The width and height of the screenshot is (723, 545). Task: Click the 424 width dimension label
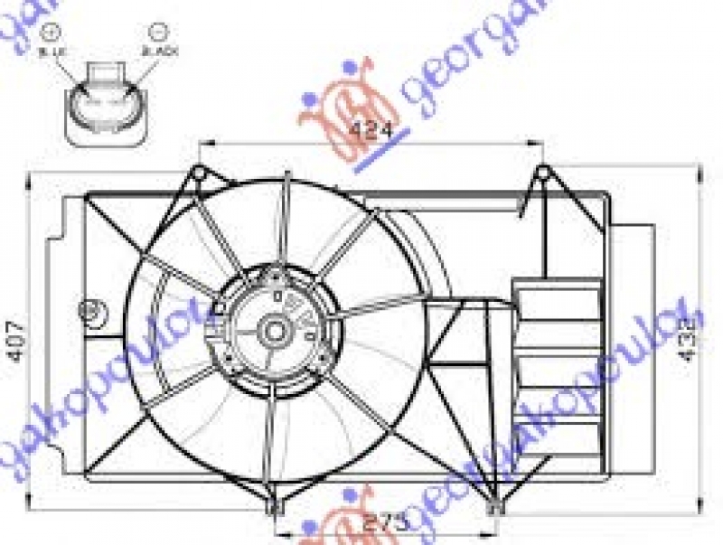click(371, 129)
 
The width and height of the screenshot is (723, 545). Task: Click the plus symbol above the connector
click(51, 33)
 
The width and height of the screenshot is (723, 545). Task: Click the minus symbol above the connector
click(159, 33)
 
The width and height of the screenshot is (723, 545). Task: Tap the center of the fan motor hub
click(274, 331)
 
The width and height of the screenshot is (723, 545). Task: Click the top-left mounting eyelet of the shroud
click(198, 171)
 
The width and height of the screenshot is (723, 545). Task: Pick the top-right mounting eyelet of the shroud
click(541, 171)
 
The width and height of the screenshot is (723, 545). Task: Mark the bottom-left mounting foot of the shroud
click(273, 508)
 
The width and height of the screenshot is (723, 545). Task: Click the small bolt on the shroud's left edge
click(89, 310)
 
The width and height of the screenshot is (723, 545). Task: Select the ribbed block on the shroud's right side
click(557, 362)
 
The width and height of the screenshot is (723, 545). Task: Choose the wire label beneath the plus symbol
click(51, 52)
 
